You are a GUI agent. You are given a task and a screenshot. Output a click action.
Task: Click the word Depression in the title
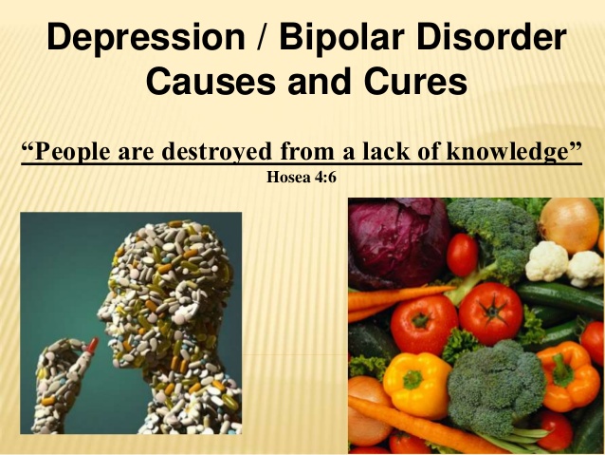127,40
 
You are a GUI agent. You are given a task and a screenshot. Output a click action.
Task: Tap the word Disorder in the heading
486,40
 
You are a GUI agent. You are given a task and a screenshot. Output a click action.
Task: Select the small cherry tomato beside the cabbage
463,256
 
